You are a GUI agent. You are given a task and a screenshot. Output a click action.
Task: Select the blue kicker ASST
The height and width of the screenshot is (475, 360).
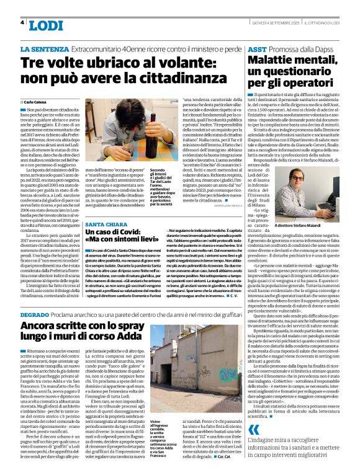pyautogui.click(x=258, y=48)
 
